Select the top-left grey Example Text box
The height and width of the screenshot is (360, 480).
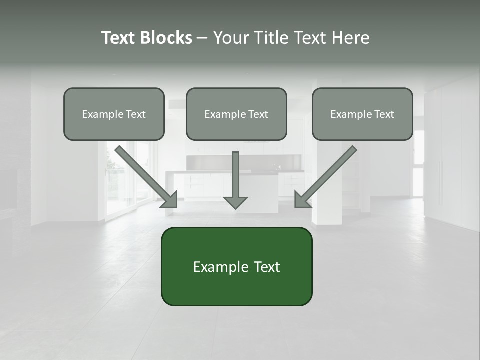(114, 114)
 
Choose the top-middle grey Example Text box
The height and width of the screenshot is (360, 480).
(236, 114)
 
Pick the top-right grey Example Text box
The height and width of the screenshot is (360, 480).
(362, 114)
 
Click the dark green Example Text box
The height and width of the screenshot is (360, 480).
(236, 266)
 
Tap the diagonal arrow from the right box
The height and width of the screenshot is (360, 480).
(327, 175)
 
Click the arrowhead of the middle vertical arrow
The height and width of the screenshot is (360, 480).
(235, 201)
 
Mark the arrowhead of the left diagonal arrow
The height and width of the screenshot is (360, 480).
(170, 199)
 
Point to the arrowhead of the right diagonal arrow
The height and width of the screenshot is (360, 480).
(302, 199)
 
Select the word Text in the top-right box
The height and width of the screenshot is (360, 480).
(383, 114)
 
